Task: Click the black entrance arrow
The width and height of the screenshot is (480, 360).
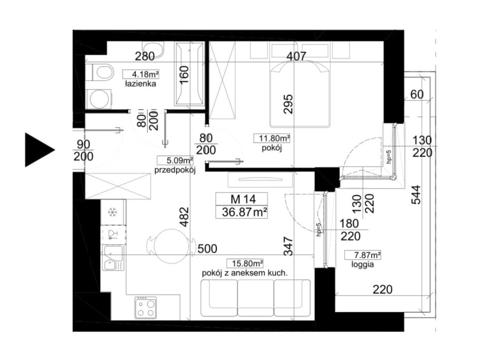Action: pyautogui.click(x=38, y=150)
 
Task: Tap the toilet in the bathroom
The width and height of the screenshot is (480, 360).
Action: pyautogui.click(x=100, y=73)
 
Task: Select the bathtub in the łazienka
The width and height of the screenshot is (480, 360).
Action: pyautogui.click(x=189, y=74)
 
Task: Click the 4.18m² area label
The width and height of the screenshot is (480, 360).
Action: pyautogui.click(x=141, y=74)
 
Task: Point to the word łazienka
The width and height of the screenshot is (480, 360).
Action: pyautogui.click(x=141, y=83)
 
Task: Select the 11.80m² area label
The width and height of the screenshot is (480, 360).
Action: pyautogui.click(x=272, y=138)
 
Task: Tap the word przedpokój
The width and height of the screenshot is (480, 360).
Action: pyautogui.click(x=175, y=170)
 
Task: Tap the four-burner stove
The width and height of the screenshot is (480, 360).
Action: pyautogui.click(x=146, y=307)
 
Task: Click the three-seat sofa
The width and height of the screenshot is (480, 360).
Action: pyautogui.click(x=255, y=298)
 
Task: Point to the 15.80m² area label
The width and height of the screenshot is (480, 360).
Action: pyautogui.click(x=245, y=263)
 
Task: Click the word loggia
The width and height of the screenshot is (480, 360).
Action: pyautogui.click(x=362, y=264)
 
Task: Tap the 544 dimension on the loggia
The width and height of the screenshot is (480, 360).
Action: pyautogui.click(x=416, y=195)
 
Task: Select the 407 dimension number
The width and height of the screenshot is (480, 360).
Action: pyautogui.click(x=296, y=56)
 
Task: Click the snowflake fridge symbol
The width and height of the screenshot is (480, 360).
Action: pyautogui.click(x=113, y=212)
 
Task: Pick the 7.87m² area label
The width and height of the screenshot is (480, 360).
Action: pyautogui.click(x=363, y=255)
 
